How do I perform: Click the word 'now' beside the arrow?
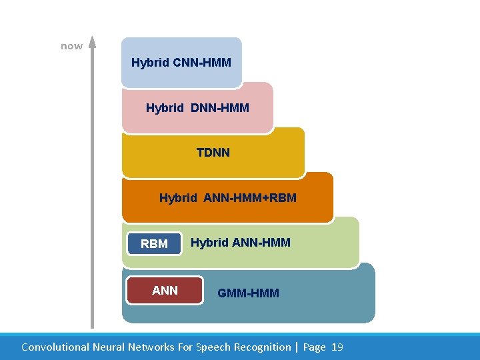[x=71, y=46]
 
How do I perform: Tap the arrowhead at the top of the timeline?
[x=93, y=43]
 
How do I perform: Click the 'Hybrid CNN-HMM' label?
[x=181, y=63]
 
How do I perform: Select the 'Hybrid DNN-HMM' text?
[x=197, y=107]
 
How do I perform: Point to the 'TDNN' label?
[x=213, y=153]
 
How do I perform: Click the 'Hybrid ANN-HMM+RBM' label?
[x=228, y=198]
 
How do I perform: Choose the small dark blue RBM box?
[x=155, y=244]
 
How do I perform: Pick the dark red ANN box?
[x=165, y=290]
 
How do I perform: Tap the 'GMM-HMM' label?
[x=249, y=293]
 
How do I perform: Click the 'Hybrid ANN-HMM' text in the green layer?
[x=241, y=243]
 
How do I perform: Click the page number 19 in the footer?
[x=337, y=347]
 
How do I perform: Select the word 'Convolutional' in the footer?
[x=54, y=347]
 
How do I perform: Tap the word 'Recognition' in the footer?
[x=261, y=347]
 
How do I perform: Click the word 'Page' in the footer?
[x=315, y=347]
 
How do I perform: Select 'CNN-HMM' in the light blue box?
[x=202, y=63]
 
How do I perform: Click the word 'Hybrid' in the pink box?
[x=165, y=107]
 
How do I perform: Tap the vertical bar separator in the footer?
[x=297, y=347]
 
